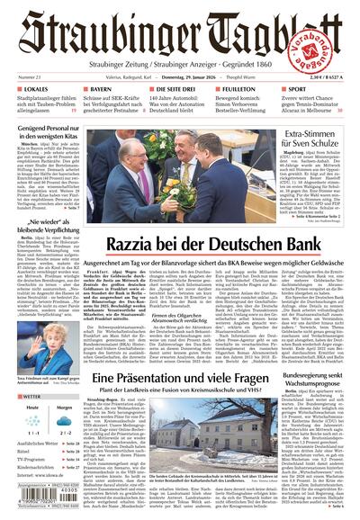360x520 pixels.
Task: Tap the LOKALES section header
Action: click(x=28, y=91)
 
